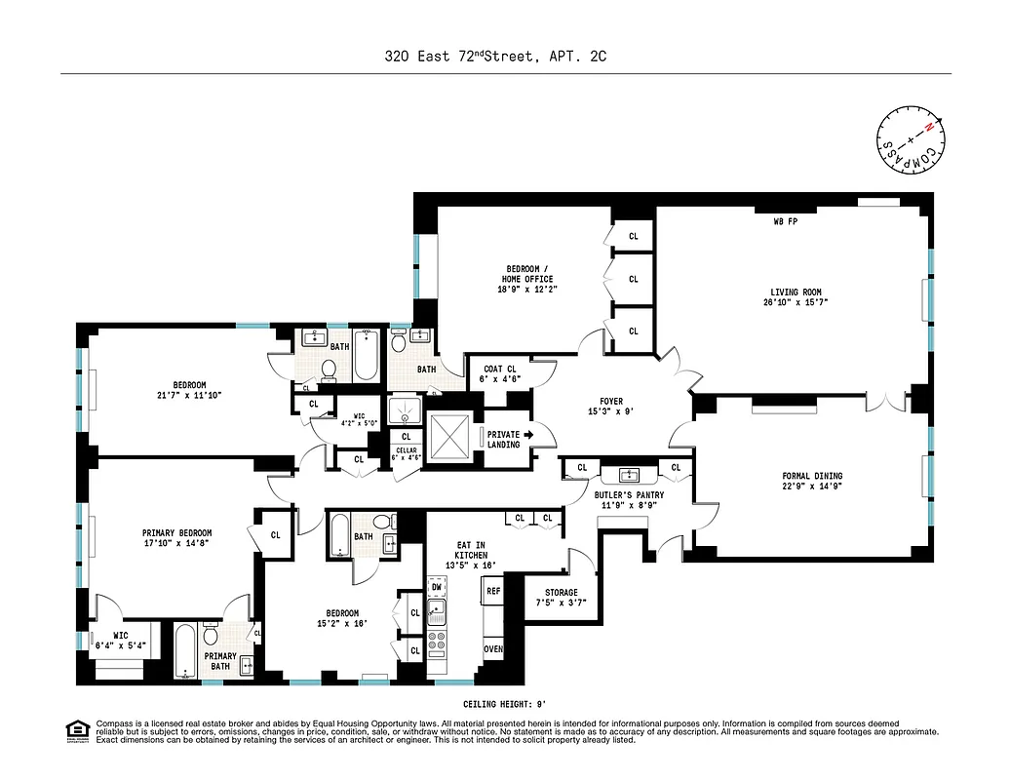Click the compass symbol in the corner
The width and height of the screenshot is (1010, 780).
coord(910,143)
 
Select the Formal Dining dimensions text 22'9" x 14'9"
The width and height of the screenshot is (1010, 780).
coord(812,487)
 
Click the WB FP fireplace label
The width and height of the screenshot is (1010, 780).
coord(785,222)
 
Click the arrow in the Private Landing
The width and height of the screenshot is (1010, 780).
coord(528,435)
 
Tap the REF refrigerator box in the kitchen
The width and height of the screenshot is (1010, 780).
coord(492,591)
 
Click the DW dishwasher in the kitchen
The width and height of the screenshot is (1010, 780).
coord(437,587)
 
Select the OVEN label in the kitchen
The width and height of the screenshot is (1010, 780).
coord(492,648)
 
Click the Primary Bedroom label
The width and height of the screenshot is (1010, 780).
coord(176,533)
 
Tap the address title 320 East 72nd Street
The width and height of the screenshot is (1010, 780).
coord(458,57)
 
